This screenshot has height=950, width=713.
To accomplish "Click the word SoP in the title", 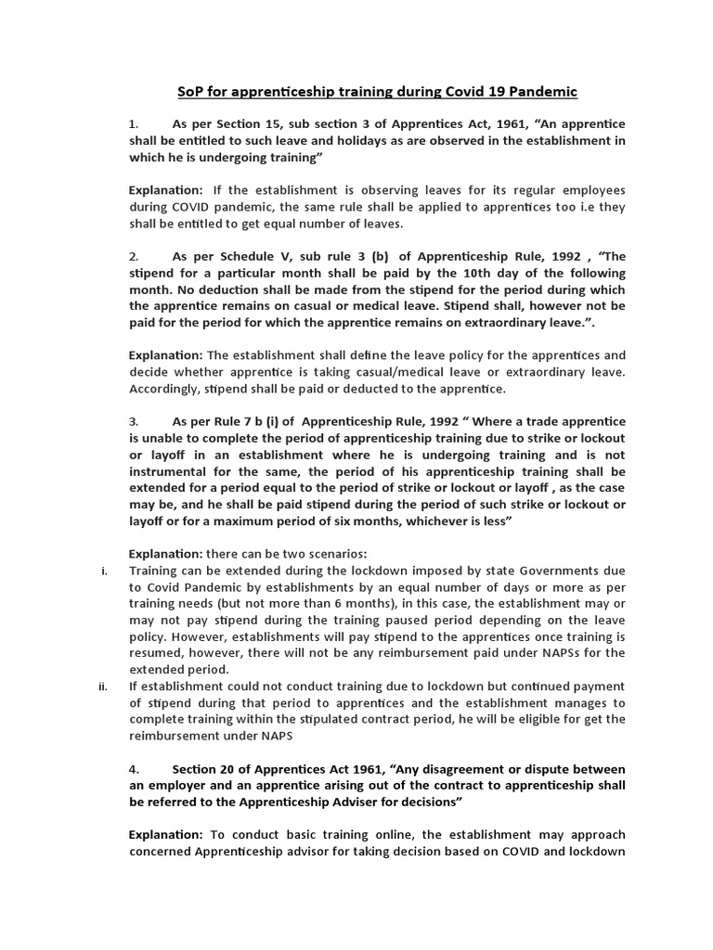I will (188, 92).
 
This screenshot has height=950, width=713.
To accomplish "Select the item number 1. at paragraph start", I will (134, 123).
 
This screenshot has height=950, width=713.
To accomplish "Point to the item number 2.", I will (134, 256).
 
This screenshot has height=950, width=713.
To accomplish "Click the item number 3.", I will (134, 421).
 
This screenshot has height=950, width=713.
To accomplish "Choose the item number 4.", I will (134, 769).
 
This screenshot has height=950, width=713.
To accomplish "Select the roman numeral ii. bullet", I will (103, 686).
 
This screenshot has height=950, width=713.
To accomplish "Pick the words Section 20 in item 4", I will (202, 769).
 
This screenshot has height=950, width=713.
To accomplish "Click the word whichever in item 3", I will (442, 520).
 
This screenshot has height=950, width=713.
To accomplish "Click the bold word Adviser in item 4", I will (406, 802).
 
